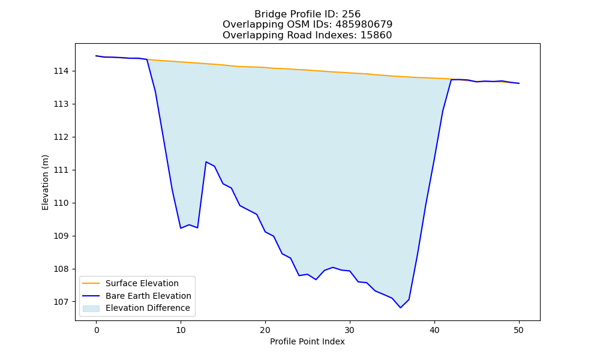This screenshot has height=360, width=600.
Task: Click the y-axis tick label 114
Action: (x=60, y=71)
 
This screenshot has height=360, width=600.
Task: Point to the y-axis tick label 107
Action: (x=60, y=302)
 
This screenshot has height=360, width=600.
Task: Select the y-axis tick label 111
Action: (x=60, y=170)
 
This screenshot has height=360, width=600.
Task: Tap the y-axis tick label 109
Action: (x=60, y=236)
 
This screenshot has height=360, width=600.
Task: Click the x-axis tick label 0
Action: (x=97, y=330)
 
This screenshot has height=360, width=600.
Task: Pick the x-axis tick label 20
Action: (x=265, y=330)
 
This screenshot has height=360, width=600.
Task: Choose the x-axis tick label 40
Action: (x=434, y=330)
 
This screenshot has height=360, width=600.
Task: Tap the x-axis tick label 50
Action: (x=519, y=330)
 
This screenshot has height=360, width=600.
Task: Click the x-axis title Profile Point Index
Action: (x=307, y=341)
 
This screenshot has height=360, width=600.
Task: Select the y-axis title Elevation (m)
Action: (x=45, y=182)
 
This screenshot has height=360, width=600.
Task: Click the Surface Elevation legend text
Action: (x=142, y=283)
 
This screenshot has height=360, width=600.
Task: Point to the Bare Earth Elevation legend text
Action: (x=148, y=296)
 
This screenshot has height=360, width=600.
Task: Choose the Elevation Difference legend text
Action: (x=148, y=308)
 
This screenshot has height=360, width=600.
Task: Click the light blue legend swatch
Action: (x=91, y=308)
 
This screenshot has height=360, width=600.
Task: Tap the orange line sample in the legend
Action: (x=91, y=283)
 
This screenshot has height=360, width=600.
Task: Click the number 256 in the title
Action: (x=351, y=14)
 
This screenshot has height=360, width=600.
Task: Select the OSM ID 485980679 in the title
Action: (x=364, y=25)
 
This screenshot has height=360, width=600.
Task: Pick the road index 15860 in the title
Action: (x=376, y=35)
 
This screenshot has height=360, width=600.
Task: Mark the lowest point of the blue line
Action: (x=401, y=308)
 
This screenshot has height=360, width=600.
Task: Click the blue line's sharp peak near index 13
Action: (x=206, y=162)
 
